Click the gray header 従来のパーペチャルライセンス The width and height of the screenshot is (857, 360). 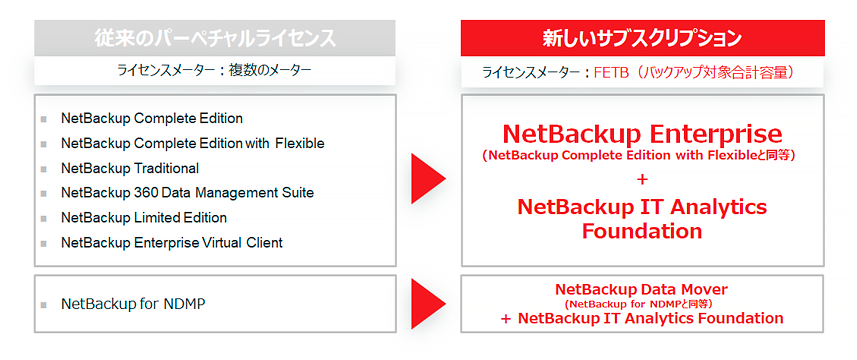pos(215,38)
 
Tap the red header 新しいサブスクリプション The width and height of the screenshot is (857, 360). pos(642,38)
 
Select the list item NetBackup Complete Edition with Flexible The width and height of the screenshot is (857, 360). pos(192,143)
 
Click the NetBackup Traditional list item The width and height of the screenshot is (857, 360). pos(130,168)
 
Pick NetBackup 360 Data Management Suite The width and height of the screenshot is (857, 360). pos(187,192)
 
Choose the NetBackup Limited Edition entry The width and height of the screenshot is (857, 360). pos(144,217)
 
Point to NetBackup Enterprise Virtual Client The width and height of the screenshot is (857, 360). pos(172,242)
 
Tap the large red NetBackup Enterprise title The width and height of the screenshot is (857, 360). pos(642,133)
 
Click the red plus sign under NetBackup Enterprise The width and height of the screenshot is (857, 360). pos(642,179)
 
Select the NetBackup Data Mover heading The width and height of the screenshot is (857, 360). pos(642,289)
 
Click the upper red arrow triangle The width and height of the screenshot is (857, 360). pos(428,178)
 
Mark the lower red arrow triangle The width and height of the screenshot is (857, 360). pos(428,302)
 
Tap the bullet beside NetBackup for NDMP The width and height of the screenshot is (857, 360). pos(44,302)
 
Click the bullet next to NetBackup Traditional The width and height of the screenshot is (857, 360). pos(44,169)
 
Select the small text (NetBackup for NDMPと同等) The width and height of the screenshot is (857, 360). pos(642,303)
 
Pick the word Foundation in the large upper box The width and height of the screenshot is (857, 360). pos(642,231)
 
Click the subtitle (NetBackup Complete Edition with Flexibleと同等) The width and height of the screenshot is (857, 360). pos(642,155)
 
